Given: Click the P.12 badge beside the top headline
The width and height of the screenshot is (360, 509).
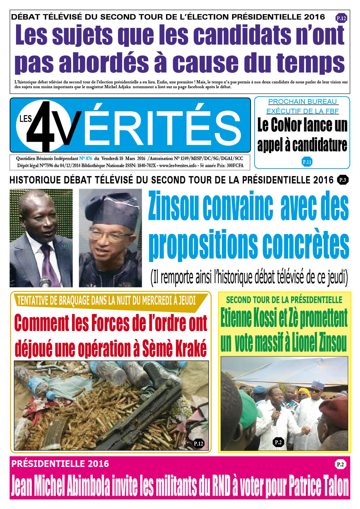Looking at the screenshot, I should tap(341, 18).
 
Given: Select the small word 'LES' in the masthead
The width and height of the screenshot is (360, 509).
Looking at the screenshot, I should tap(26, 119).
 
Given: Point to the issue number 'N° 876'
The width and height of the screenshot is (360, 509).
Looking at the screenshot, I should tap(86, 158).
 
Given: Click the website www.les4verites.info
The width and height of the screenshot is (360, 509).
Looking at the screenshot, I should tap(178, 165).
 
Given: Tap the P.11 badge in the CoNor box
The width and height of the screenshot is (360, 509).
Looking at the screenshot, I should tap(307, 162).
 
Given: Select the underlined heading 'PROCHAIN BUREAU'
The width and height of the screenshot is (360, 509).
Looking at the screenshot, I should tap(303, 102).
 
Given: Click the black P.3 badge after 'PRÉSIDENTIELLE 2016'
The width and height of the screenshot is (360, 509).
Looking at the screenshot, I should tap(343, 180).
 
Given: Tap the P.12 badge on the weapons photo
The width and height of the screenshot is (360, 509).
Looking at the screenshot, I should tap(198, 444).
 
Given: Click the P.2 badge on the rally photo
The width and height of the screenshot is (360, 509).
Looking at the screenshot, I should tap(278, 442).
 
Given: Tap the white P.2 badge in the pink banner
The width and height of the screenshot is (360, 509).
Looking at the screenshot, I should tap(340, 464).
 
